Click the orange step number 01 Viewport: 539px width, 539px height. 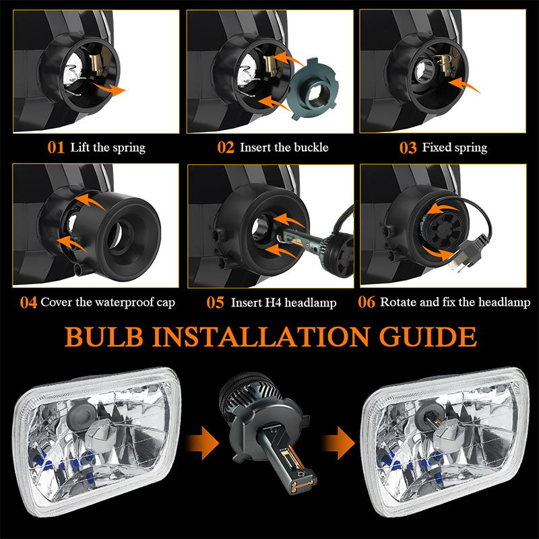coord(56,148)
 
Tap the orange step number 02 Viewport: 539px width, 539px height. coord(226,148)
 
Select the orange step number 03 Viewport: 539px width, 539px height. coord(408,148)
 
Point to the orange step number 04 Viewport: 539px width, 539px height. coord(28,303)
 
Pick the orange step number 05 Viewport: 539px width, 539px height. coord(215,303)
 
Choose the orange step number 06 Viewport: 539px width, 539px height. coord(367,302)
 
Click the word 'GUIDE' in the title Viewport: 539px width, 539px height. coord(428,336)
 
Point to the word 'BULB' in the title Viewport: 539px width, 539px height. coord(104,336)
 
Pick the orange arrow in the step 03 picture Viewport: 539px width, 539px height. coord(464,85)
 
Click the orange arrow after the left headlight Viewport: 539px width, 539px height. coord(202,443)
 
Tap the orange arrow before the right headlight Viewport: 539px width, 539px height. coord(338,443)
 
